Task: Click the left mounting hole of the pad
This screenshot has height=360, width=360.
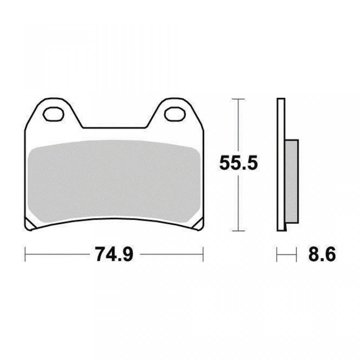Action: (53, 114)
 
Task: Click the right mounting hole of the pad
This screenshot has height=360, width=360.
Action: (175, 114)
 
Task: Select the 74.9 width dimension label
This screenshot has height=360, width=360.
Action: (114, 254)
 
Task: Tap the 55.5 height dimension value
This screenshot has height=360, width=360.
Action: (238, 163)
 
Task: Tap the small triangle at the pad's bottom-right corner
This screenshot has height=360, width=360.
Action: (199, 224)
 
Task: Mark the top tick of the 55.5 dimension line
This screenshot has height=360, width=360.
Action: (235, 99)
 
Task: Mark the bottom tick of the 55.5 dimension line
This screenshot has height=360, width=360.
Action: (235, 231)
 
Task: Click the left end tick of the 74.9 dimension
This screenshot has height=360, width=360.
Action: (25, 254)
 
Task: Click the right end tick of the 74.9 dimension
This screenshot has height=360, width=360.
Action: (203, 254)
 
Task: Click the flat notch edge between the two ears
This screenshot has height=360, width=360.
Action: (114, 128)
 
